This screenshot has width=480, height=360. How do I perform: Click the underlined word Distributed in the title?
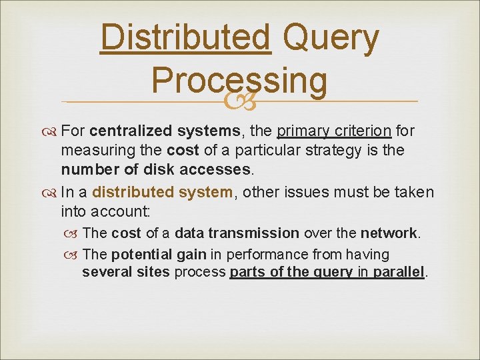click(x=185, y=39)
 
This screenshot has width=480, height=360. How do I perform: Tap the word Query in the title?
click(x=331, y=39)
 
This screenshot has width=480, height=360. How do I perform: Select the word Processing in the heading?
click(x=239, y=80)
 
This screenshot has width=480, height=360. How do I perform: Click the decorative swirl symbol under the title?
click(x=239, y=101)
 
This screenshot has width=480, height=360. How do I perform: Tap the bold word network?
click(x=389, y=233)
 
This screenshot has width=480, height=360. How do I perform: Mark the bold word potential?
click(x=136, y=254)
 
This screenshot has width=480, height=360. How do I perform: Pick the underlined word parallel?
click(x=399, y=273)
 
